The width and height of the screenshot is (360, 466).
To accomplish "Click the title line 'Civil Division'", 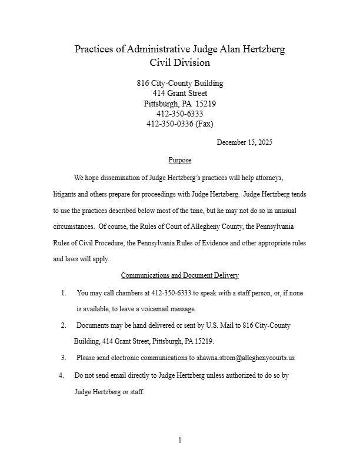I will point(180,63).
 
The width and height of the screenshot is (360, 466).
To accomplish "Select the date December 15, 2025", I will point(244,142).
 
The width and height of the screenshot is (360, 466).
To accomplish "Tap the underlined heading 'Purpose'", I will point(180,160).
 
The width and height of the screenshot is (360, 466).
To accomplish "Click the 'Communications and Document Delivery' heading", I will point(180,275).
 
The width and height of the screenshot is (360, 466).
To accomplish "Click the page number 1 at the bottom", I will point(180,440).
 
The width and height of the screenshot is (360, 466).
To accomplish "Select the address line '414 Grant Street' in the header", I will point(180,94).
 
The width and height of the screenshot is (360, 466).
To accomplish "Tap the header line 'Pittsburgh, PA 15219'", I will point(180,104).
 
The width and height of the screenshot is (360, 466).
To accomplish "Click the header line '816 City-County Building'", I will point(180,84).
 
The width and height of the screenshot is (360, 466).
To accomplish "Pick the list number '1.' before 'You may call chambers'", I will point(64,292).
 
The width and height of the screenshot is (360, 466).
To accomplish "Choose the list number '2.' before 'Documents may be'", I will point(64,325).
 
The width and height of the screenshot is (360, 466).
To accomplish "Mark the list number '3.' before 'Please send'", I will point(64,357).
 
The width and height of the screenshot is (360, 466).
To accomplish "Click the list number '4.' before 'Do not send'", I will point(62,375).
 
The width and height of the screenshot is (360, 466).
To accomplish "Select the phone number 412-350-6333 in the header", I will point(180,114).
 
